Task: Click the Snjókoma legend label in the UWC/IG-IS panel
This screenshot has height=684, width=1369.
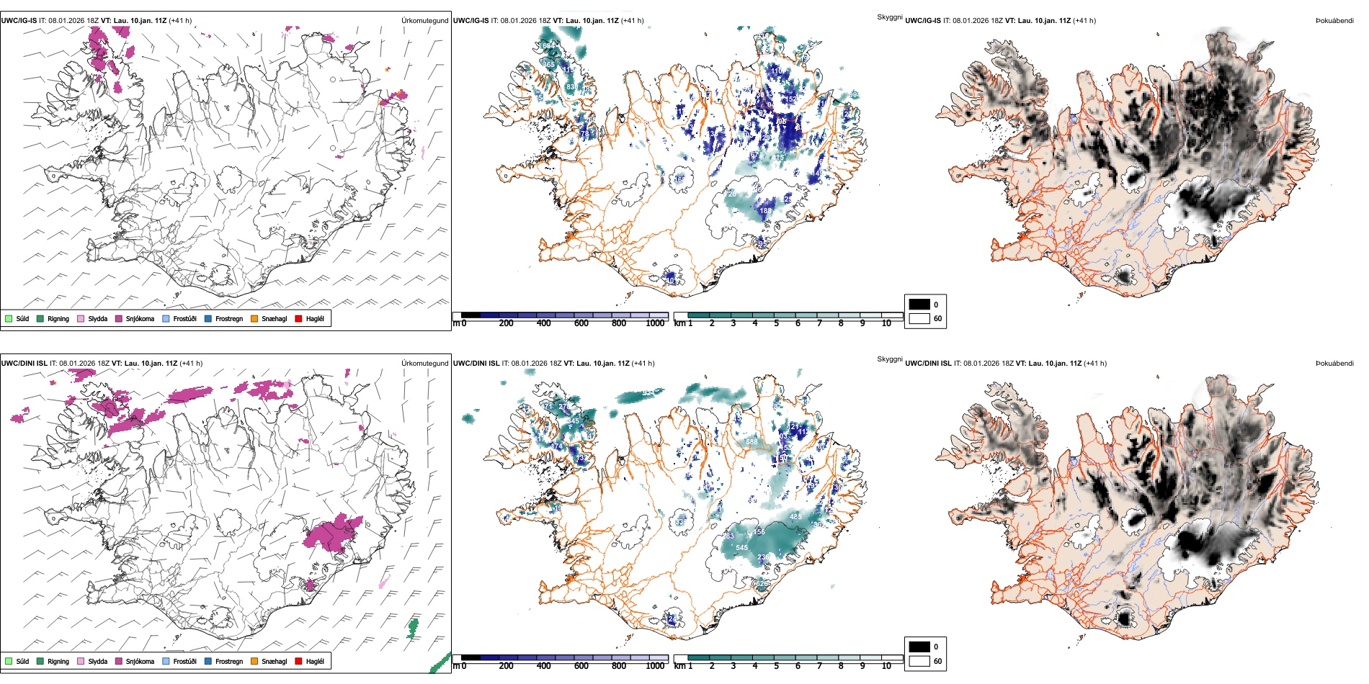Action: (140, 319)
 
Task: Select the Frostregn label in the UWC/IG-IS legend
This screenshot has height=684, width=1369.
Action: (229, 319)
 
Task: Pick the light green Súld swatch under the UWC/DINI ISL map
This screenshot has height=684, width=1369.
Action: (9, 661)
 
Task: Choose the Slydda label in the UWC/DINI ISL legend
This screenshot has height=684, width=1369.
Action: (98, 662)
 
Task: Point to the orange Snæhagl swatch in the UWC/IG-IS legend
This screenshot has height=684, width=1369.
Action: (254, 318)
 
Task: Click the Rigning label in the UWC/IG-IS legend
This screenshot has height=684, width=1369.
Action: (58, 319)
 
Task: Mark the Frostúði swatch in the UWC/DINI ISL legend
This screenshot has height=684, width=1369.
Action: (166, 661)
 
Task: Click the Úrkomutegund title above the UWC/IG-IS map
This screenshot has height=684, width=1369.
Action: (424, 21)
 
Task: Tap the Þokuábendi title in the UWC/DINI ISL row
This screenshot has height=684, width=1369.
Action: (1334, 364)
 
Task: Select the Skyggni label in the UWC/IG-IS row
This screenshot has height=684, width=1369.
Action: (890, 17)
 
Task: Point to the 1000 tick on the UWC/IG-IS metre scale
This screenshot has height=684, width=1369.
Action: (655, 323)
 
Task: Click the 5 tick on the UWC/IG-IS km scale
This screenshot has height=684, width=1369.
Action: (776, 323)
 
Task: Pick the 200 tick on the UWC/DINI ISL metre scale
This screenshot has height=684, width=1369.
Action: (506, 666)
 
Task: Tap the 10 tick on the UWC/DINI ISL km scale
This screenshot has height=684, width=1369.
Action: (886, 666)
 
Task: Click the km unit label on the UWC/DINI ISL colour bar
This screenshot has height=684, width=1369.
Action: (679, 666)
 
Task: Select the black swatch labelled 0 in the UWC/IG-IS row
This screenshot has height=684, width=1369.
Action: (919, 305)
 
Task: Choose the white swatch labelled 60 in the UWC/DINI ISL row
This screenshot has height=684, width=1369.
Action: (919, 661)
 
